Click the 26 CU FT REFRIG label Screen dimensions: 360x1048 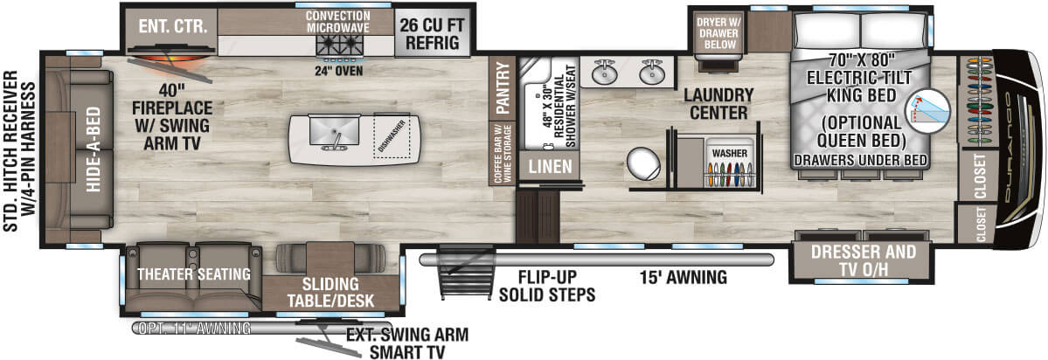pyautogui.click(x=430, y=33)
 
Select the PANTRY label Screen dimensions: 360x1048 pyautogui.click(x=502, y=87)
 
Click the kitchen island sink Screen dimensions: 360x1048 pyautogui.click(x=334, y=133)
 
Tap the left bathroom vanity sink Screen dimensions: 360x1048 pyautogui.click(x=602, y=73)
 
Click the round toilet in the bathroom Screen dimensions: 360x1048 pyautogui.click(x=645, y=163)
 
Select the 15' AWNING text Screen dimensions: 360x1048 pyautogui.click(x=682, y=278)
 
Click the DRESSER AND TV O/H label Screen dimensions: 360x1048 pyautogui.click(x=863, y=260)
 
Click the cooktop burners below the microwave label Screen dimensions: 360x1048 pyautogui.click(x=338, y=44)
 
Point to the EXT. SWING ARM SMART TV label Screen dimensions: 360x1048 pyautogui.click(x=406, y=343)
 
